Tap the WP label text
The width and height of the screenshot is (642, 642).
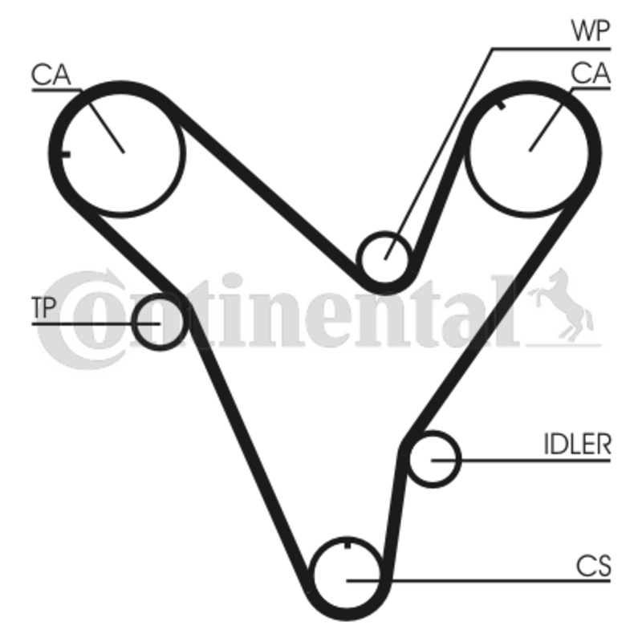coord(591,32)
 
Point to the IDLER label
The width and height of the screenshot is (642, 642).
coord(577,445)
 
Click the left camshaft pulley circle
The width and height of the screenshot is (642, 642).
coord(123,150)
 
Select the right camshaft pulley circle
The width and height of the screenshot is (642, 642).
coord(531,150)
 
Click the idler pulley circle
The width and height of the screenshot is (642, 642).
coord(433,459)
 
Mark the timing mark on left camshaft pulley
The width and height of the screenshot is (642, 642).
coord(66,154)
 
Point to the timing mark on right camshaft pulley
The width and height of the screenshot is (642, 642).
coord(501,104)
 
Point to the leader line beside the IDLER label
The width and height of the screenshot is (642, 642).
coord(522,460)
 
